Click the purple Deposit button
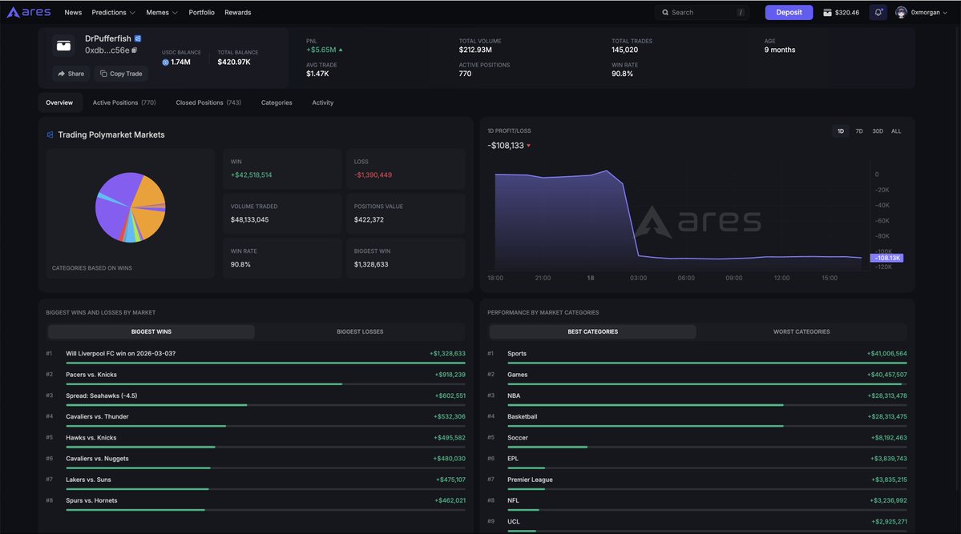[x=789, y=12]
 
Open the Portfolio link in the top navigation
[x=201, y=12]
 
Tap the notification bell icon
[x=878, y=12]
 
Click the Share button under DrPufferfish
[x=71, y=74]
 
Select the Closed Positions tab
[x=208, y=102]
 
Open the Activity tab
[x=322, y=102]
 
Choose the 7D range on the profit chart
[x=859, y=130]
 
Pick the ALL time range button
[x=896, y=130]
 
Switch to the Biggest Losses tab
[x=360, y=331]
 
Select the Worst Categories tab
[x=802, y=331]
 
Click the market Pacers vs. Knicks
[x=91, y=375]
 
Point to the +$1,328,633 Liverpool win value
[x=447, y=354]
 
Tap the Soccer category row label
[x=518, y=438]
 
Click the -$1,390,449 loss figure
[x=373, y=175]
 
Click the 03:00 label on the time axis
[x=638, y=278]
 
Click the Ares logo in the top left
[x=29, y=12]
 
